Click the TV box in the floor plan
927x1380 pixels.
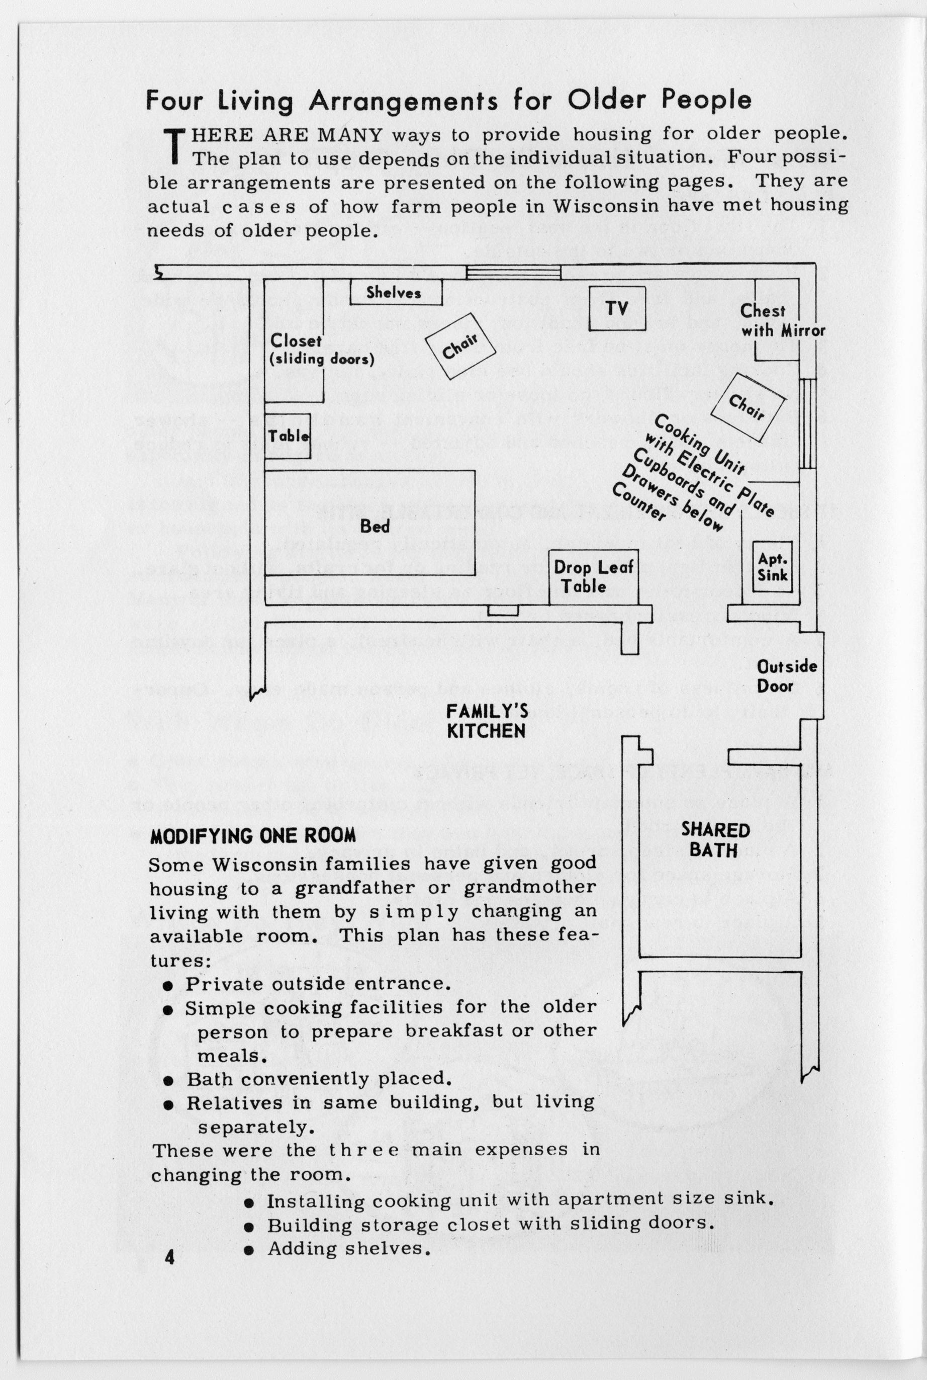click(617, 308)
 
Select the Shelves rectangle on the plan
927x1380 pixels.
click(396, 293)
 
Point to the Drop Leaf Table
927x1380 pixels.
click(593, 577)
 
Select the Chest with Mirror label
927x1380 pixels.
click(782, 320)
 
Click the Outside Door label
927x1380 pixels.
click(787, 676)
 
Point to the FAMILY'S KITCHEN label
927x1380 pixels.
click(487, 721)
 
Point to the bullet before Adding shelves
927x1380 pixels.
click(249, 1249)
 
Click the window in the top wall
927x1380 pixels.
click(513, 272)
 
